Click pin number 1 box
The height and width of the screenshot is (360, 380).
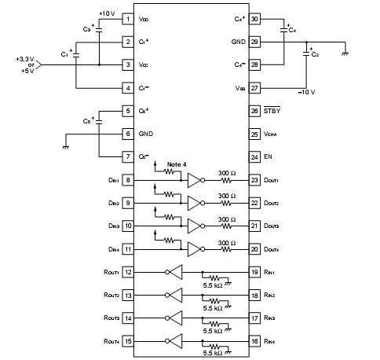[128, 18]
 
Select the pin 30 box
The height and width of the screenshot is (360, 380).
[254, 18]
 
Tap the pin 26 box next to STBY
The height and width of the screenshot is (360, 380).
[254, 112]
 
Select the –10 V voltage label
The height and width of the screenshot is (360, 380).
[305, 92]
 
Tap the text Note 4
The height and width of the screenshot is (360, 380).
[177, 163]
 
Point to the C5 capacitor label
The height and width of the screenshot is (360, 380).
[87, 122]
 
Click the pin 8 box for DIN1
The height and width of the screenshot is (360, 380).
[128, 181]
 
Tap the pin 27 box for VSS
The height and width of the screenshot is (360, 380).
[254, 88]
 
